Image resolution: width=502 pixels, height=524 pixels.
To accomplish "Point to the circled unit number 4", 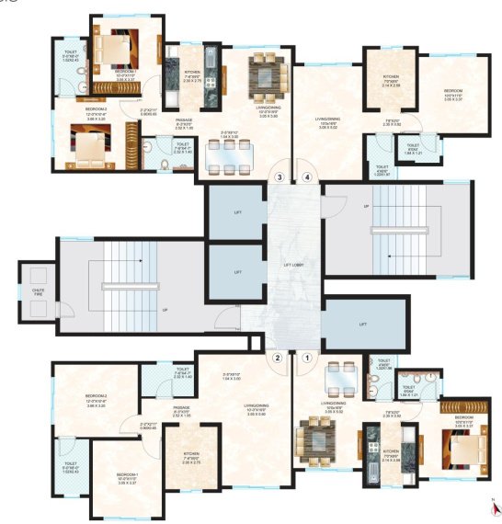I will pos(307,177).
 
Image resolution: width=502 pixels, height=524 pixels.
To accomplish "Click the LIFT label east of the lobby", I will pos(363,325).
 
